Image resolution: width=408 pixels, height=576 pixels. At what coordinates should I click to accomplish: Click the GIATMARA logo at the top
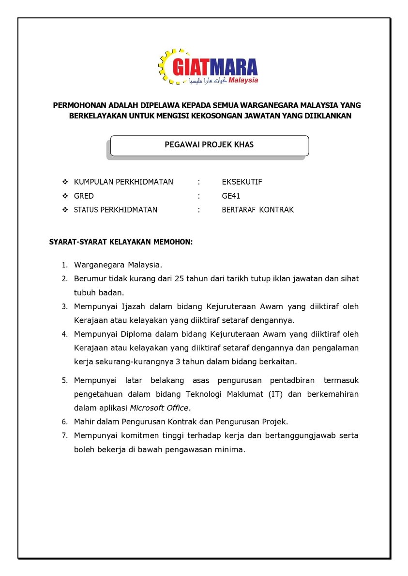coord(208,66)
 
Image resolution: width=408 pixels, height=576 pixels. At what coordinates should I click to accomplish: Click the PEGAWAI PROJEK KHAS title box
coord(209,145)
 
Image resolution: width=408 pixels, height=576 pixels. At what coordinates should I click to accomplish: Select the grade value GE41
coord(231,196)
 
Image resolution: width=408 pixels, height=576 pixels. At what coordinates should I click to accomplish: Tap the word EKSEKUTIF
coord(242,182)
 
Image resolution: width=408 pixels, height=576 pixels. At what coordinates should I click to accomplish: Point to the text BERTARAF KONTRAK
coord(257,210)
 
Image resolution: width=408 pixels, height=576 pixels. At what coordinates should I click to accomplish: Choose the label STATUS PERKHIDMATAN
coord(116,210)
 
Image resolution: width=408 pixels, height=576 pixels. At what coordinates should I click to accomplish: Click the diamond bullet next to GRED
coord(65,196)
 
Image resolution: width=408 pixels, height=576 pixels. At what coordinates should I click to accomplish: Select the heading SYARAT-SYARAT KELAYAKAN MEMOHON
coord(121,242)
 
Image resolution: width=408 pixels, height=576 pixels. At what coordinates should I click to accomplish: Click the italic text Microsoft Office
coord(159,407)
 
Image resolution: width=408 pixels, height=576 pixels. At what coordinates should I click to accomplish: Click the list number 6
coord(64,421)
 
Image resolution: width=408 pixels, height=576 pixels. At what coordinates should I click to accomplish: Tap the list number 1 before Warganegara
coord(64,265)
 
